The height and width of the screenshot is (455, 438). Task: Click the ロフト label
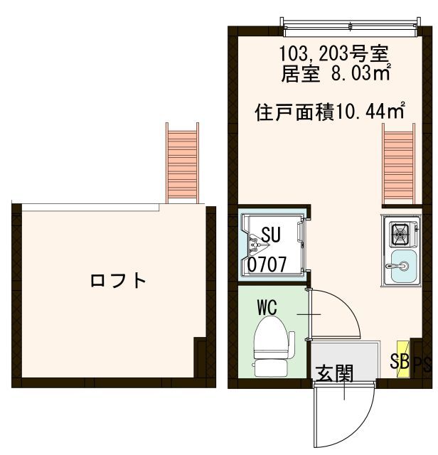118,280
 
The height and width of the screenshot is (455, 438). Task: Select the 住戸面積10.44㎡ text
330,111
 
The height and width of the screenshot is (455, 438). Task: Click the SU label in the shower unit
270,234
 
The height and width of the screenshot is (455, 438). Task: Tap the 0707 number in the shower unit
267,264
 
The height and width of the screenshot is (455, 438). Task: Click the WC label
267,307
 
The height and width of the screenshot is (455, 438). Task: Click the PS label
422,365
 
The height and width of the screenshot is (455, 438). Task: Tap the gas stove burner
400,231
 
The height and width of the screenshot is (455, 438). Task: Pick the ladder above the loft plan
183,162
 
